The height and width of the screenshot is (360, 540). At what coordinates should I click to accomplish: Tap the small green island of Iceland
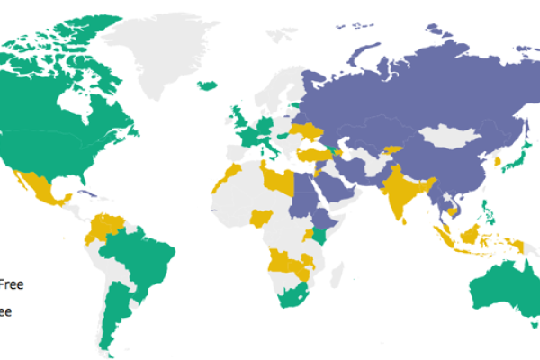(x=206, y=85)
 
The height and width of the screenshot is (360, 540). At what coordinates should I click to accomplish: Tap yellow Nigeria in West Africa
(x=262, y=218)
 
